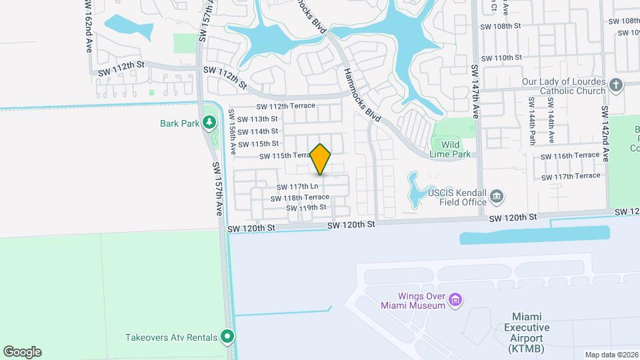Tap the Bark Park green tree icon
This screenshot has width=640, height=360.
[210, 122]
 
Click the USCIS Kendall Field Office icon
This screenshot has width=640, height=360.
[497, 196]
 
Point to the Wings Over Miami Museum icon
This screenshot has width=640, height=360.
[456, 300]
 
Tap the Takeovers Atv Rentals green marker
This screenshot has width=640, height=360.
[228, 337]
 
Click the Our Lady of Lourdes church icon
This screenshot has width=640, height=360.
[615, 85]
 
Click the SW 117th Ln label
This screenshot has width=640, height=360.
[297, 187]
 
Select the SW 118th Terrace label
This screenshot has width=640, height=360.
[300, 197]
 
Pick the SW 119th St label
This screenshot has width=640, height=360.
[306, 208]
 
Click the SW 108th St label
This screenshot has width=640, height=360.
[502, 26]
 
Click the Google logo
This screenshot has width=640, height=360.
[22, 351]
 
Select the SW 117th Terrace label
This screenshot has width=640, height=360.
[571, 176]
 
